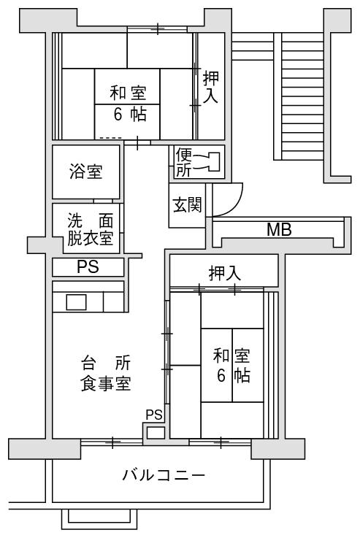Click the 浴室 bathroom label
[x=85, y=172]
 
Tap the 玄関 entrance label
[x=187, y=205]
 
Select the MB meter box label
[x=280, y=229]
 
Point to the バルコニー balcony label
[x=164, y=475]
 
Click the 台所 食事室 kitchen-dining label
[x=106, y=374]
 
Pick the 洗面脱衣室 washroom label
[x=91, y=229]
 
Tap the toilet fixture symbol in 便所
[x=207, y=161]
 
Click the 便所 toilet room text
[x=183, y=162]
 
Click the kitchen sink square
[x=76, y=302]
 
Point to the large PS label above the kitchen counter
[x=88, y=266]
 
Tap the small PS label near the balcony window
[x=154, y=415]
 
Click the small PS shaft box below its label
[x=156, y=433]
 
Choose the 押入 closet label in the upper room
[x=211, y=87]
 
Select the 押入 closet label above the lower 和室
[x=224, y=274]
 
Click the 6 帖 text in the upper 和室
[x=130, y=115]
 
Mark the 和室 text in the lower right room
[x=231, y=356]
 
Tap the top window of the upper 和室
[x=157, y=29]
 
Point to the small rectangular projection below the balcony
[x=99, y=519]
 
